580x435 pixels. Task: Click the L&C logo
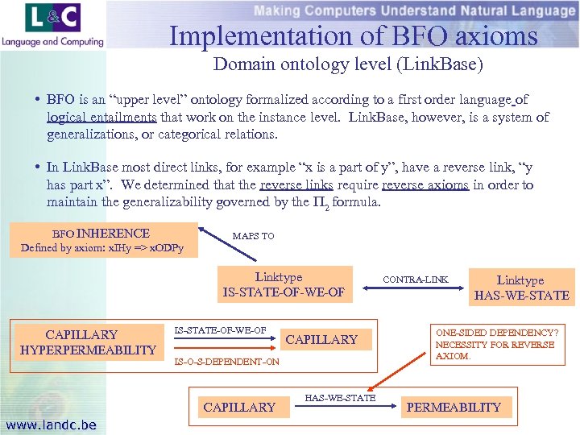click(53, 18)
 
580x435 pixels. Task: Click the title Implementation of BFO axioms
click(353, 35)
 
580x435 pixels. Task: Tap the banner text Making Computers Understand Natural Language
click(414, 10)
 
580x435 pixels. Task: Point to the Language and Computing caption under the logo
click(52, 41)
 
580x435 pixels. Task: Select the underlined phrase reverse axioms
click(425, 185)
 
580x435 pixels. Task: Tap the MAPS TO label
click(253, 236)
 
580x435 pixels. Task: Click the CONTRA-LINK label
click(415, 280)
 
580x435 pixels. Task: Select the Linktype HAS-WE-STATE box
click(520, 288)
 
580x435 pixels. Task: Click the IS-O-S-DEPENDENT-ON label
click(227, 362)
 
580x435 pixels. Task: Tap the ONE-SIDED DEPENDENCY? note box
click(495, 344)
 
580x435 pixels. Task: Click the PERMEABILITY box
click(454, 407)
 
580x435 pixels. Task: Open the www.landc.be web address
click(50, 425)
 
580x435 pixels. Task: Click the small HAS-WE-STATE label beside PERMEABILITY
click(340, 398)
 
